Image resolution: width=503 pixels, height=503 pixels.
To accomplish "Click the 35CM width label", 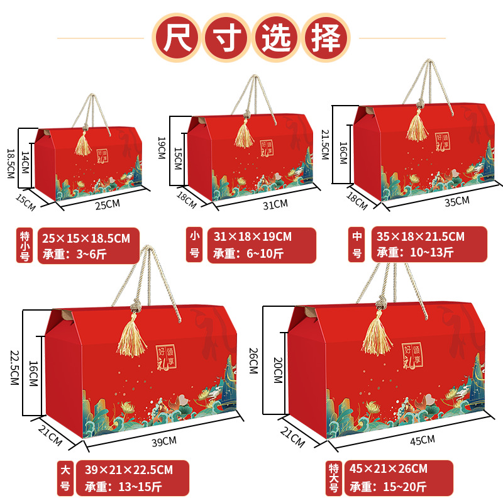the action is pyautogui.click(x=457, y=201).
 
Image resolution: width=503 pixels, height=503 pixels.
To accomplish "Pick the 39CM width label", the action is pyautogui.click(x=165, y=442).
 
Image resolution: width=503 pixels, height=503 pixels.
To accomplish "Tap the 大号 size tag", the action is pyautogui.click(x=64, y=478).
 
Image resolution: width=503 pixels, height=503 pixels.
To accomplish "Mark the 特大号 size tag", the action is pyautogui.click(x=334, y=478).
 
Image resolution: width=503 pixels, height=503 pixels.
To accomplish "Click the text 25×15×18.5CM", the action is pyautogui.click(x=86, y=238).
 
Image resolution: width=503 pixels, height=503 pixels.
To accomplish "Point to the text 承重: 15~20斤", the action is pyautogui.click(x=388, y=486).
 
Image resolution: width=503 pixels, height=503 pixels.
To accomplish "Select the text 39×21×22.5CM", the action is pyautogui.click(x=124, y=469).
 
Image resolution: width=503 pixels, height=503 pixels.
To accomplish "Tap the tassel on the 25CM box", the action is pyautogui.click(x=82, y=141).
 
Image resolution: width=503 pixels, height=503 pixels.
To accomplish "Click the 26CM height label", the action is pyautogui.click(x=253, y=360).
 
